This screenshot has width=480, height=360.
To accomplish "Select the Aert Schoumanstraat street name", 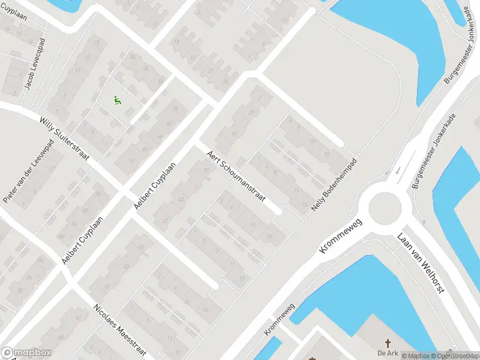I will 235,178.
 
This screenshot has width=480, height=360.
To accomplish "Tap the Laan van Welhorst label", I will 421,262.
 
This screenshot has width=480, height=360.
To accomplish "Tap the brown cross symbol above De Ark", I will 388,343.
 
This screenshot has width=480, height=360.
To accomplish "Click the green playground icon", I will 118,101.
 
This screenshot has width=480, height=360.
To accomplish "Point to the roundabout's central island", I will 384,208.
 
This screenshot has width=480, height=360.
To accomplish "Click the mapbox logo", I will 25,353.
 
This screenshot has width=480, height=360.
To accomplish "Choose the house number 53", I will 127,266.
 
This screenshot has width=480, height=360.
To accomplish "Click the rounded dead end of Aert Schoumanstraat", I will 278,211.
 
